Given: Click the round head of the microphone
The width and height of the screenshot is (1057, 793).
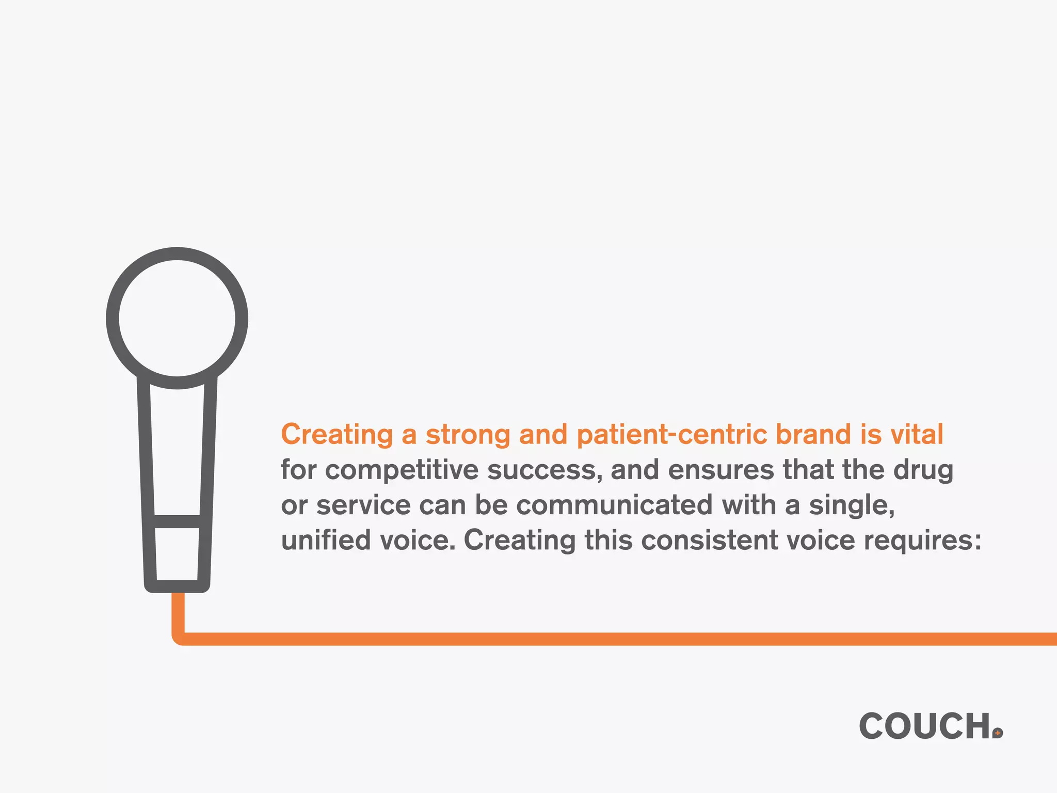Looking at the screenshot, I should click(x=177, y=318).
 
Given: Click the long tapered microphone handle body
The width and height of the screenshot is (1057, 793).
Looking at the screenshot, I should click(x=177, y=449).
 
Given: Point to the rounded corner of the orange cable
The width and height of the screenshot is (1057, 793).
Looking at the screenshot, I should click(x=179, y=638).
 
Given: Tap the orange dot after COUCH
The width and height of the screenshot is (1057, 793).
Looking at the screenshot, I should click(x=998, y=733).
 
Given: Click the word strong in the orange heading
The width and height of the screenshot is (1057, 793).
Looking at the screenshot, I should click(x=468, y=435).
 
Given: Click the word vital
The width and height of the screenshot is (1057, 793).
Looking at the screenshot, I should click(x=917, y=434).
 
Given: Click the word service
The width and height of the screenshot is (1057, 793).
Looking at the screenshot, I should click(x=363, y=505).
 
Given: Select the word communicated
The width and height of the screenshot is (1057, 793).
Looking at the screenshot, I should click(x=614, y=505).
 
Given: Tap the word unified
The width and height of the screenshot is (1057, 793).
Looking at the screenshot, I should click(x=326, y=540).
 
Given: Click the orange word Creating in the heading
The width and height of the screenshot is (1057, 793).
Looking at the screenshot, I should click(x=337, y=435).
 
